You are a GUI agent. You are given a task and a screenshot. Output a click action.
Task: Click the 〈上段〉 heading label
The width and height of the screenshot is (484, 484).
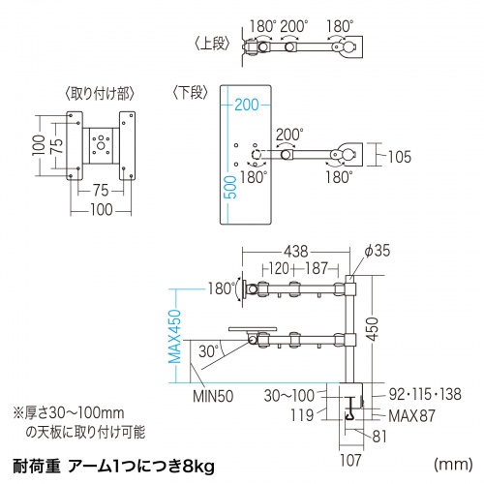point(215,44)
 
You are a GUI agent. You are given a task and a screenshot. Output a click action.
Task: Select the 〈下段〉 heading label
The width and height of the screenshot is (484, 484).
point(191,94)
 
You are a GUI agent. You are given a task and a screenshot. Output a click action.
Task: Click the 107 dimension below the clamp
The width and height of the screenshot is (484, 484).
point(351,447)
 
